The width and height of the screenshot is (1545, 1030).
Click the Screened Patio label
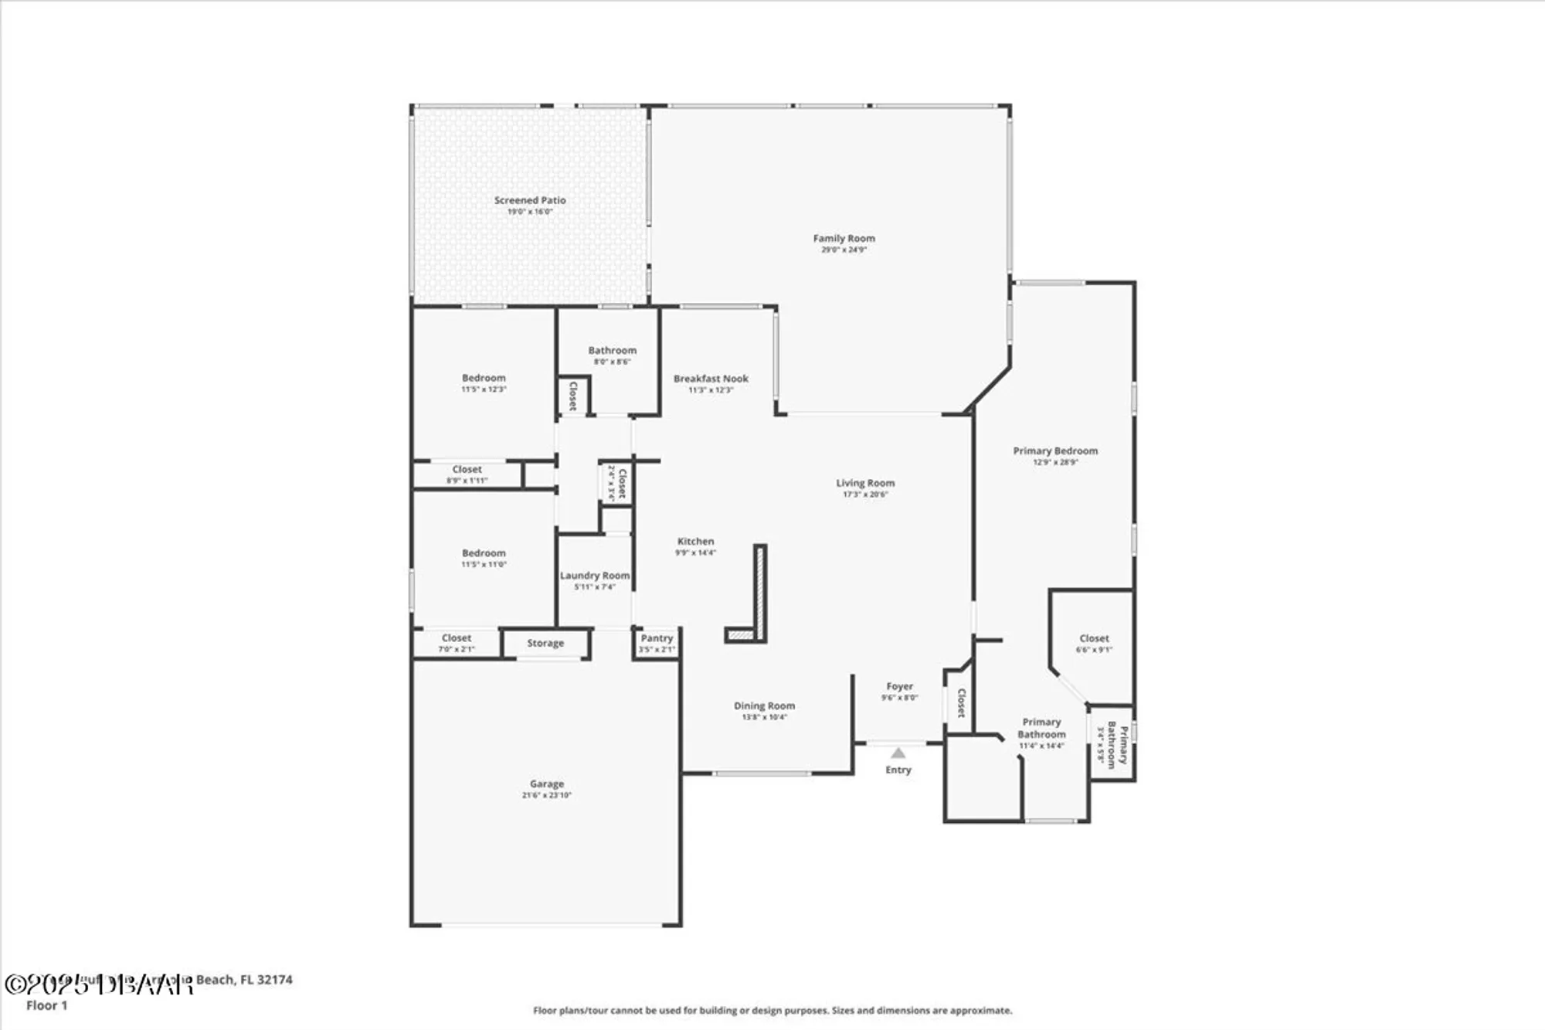point(530,200)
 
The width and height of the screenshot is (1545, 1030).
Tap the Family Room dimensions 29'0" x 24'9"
point(844,250)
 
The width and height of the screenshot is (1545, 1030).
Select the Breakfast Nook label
point(711,379)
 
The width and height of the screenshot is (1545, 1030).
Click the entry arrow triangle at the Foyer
point(898,753)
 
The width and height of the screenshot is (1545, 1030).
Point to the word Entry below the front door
point(898,770)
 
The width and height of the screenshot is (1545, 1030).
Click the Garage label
point(546,784)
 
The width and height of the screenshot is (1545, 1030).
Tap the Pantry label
point(657,638)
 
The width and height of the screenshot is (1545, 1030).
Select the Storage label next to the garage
point(545,643)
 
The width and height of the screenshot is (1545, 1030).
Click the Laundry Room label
point(594,576)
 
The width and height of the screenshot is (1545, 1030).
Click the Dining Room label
point(764,705)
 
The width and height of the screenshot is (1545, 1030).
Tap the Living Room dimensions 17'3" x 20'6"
point(865,495)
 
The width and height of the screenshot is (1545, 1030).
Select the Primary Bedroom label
point(1055,450)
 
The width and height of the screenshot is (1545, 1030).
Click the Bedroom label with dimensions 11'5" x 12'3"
point(484,378)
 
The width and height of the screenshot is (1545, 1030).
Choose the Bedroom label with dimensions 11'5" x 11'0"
point(484,553)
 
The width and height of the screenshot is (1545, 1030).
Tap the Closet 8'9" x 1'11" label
point(467,469)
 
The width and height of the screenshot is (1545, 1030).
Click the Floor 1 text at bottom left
point(47,1005)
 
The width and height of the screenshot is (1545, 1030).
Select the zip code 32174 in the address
point(274,980)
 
